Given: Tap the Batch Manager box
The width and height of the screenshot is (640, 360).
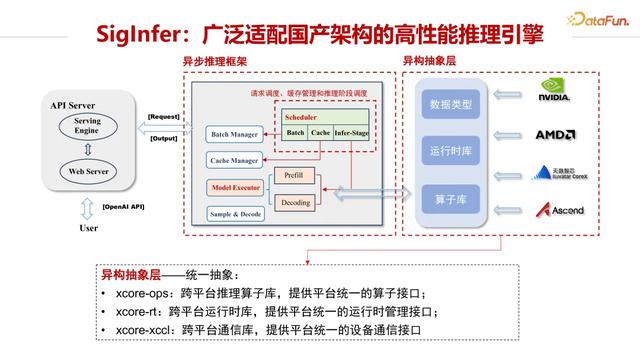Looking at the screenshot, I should point(235,134).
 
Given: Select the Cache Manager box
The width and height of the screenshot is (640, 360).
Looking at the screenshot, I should point(235,160).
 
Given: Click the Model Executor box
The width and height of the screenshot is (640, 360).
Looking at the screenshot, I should point(235,187).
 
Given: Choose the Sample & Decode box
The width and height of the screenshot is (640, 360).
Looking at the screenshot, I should point(235,214).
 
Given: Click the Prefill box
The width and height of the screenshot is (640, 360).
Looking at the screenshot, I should point(294,175).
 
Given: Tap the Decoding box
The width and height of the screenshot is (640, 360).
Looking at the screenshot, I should point(294,202).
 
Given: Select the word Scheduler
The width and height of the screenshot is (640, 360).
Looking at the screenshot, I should point(301,117).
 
